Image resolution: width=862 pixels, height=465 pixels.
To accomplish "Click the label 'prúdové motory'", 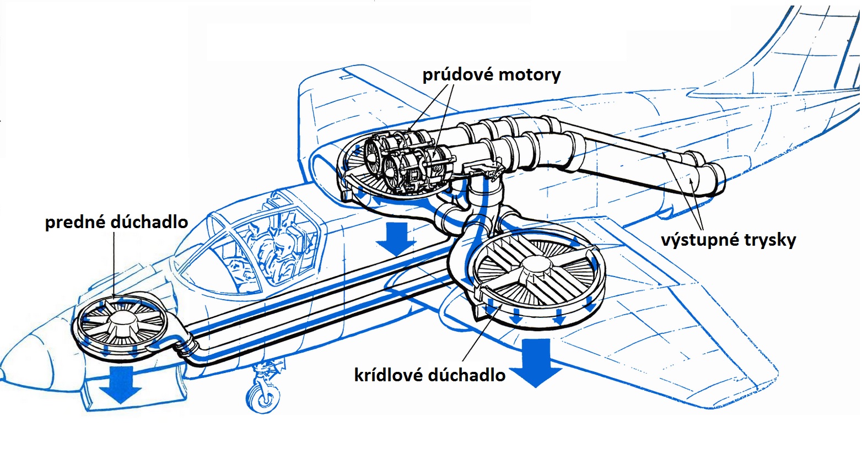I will pos(491,74).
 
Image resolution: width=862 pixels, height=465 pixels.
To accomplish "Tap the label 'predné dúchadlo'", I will pos(116,221).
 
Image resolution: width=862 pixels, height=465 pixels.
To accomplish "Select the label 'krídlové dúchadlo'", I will pos(429,375).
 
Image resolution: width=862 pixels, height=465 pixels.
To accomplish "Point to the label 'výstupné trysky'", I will pos(728,240).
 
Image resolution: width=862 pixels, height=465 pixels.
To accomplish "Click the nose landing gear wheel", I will pos(263,397).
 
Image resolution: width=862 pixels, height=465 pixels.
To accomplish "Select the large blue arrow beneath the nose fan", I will pos(121,385).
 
